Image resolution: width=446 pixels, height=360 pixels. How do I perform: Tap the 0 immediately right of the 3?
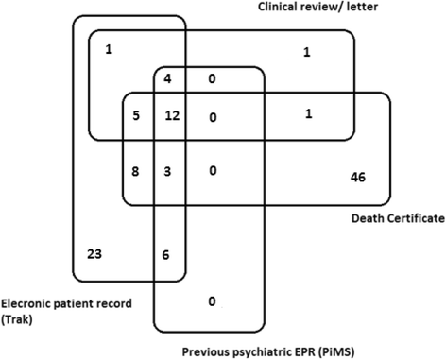coord(213,172)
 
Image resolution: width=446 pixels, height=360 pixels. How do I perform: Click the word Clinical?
coord(283,9)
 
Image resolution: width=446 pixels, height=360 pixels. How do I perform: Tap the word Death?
coord(352,218)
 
